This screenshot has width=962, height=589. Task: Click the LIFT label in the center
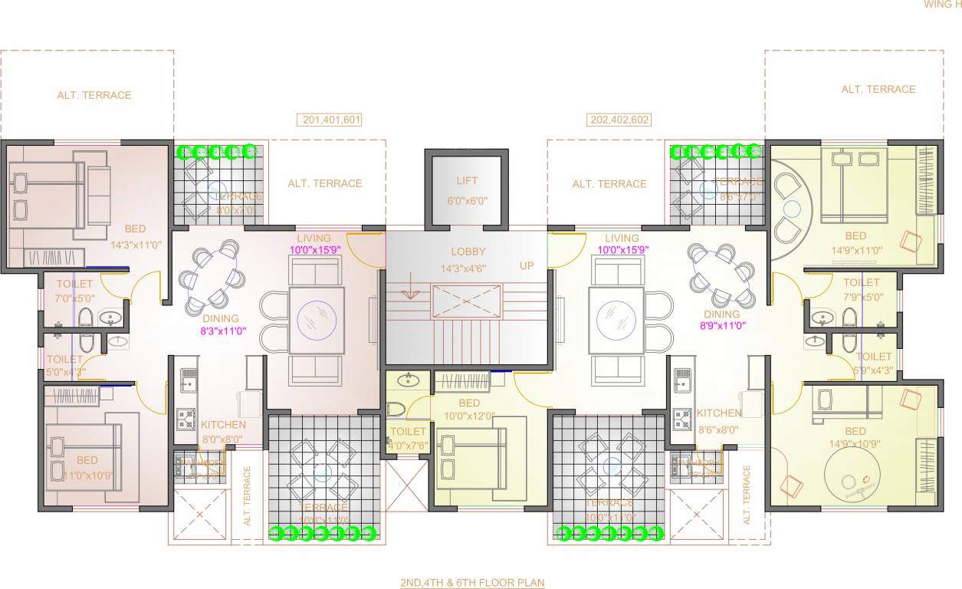pos(466,181)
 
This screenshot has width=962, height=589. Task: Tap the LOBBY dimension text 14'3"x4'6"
pos(468,268)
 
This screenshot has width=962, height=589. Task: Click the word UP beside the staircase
pos(527,265)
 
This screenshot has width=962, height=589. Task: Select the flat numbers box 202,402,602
pos(619,120)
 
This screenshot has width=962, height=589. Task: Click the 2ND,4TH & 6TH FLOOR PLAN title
pos(472,583)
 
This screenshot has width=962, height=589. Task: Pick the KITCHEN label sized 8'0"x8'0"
pos(223,425)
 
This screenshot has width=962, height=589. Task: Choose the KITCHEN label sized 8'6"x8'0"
pos(719,413)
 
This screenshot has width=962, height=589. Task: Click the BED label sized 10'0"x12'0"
pos(469,403)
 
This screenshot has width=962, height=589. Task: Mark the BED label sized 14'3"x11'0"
pos(135,229)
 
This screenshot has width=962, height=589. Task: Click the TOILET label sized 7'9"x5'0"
pos(862,283)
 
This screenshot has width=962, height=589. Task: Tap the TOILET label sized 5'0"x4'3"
pos(64,359)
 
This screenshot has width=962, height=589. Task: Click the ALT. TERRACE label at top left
pos(94,96)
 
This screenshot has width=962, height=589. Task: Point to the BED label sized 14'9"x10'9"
pos(855,432)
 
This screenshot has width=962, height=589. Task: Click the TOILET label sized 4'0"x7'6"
pos(408,433)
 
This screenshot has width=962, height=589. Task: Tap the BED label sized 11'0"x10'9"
pos(87,460)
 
